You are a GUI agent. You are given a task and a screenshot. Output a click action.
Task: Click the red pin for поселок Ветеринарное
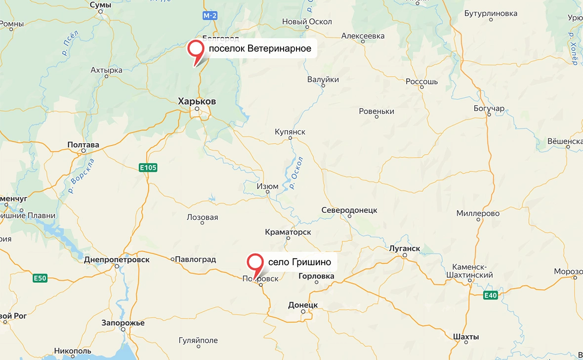tap(197, 50)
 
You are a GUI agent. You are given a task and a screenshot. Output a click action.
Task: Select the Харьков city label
tap(197, 101)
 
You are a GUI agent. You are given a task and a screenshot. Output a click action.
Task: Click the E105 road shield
tap(148, 168)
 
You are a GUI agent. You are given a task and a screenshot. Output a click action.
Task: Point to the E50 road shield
tap(40, 279)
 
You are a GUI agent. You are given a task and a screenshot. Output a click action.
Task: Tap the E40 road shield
tap(490, 295)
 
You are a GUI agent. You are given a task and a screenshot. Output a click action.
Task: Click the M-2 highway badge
tap(210, 16)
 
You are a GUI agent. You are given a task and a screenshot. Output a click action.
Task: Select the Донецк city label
tap(303, 305)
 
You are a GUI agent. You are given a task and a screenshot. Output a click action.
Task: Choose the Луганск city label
tap(405, 248)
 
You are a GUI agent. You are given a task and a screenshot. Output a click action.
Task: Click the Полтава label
tap(83, 145)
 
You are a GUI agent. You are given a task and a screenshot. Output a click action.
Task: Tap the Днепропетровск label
tap(117, 259)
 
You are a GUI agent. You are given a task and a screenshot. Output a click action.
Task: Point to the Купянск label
tap(290, 132)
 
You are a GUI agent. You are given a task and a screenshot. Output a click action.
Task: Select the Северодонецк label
tap(349, 210)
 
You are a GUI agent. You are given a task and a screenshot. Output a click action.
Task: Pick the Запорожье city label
tap(123, 322)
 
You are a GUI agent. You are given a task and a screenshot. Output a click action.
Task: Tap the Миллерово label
tap(478, 213)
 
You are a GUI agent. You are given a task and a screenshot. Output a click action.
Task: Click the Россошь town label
tap(421, 81)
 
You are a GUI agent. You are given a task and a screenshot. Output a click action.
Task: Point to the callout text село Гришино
tap(299, 262)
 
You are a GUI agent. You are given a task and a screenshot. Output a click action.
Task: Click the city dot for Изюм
tap(268, 193)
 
